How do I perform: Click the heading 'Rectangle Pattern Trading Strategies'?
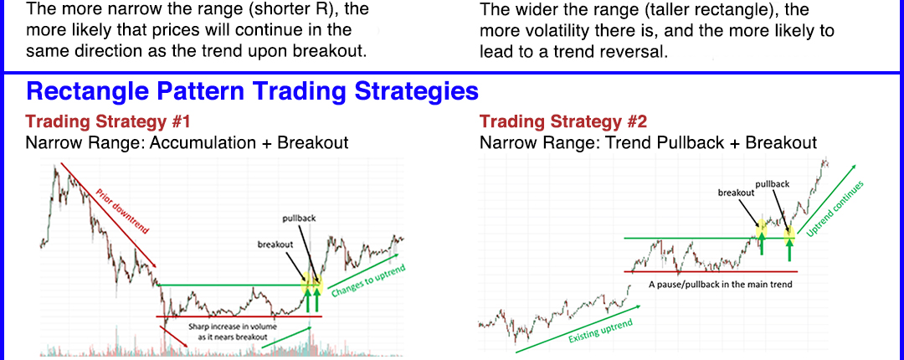[x=252, y=91]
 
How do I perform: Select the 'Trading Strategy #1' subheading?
[x=108, y=121]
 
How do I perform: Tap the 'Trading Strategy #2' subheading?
[x=563, y=121]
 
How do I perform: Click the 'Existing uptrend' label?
[x=600, y=331]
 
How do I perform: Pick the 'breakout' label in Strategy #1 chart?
[x=275, y=244]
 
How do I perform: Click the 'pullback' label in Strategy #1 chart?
[x=300, y=219]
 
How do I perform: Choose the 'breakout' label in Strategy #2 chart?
[x=737, y=193]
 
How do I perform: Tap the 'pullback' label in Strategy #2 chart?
[x=772, y=185]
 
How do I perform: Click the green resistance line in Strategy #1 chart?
[x=238, y=285]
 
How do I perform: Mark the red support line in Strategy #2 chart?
[x=711, y=271]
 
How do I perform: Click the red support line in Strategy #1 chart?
[x=239, y=316]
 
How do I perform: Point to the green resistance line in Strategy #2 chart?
[x=710, y=238]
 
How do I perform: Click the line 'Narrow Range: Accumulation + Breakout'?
[x=187, y=142]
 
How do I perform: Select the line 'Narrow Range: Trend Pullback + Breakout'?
[x=648, y=142]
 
